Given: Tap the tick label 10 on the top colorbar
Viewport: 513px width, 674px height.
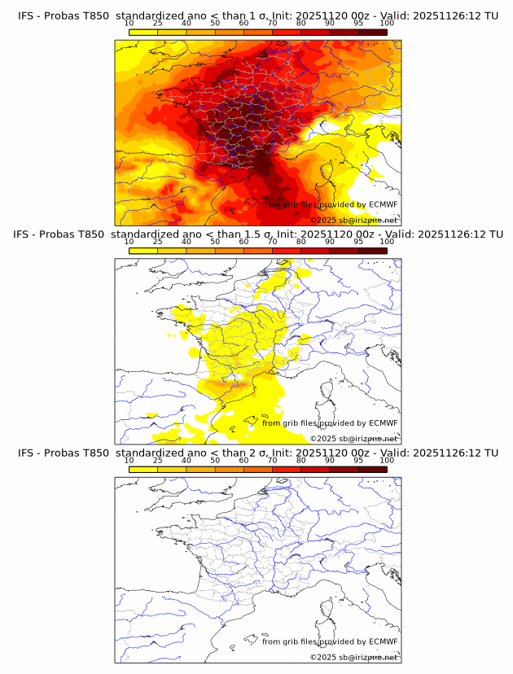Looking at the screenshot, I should [129, 24].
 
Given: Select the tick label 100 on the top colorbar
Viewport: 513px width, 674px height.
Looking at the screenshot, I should [386, 24].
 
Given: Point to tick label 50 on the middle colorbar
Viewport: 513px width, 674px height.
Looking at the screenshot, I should [215, 242].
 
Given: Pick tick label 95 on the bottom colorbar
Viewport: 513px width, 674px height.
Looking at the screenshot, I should [358, 460].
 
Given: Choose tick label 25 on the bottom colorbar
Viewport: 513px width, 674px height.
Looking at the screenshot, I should [157, 460].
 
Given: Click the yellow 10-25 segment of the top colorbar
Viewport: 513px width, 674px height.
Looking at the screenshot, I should [143, 33].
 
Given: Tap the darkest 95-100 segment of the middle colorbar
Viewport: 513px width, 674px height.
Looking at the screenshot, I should [372, 251].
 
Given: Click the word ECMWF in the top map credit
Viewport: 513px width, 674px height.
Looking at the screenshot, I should [383, 204].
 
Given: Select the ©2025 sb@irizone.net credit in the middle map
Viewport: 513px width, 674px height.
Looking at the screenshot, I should [353, 439].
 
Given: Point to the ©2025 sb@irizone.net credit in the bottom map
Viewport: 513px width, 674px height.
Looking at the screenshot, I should [353, 657].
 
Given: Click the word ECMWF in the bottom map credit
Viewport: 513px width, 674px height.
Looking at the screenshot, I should [383, 641].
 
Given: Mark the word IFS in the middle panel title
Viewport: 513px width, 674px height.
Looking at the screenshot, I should [27, 234].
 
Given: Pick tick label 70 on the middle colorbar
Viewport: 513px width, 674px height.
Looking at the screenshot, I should [273, 242].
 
